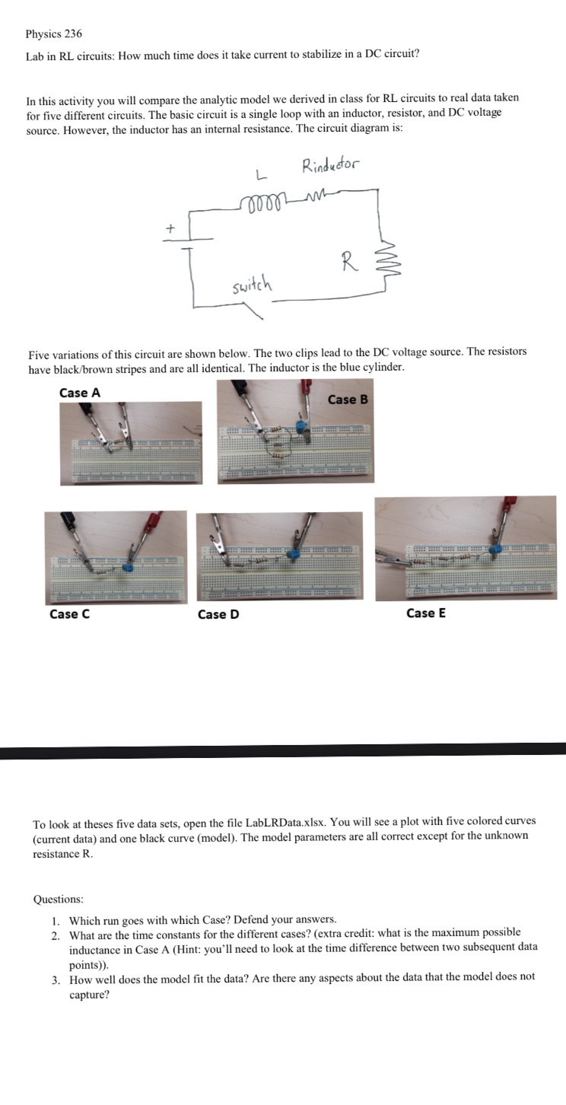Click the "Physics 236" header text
point(53,34)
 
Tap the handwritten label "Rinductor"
point(332,165)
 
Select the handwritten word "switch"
point(253,286)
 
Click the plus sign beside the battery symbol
point(171,227)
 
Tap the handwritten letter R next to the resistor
point(347,264)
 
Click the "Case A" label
point(79,393)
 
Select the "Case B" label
point(348,400)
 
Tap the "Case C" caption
point(69,614)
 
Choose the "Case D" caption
point(218,614)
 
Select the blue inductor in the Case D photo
point(292,556)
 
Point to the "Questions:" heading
point(59,900)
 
